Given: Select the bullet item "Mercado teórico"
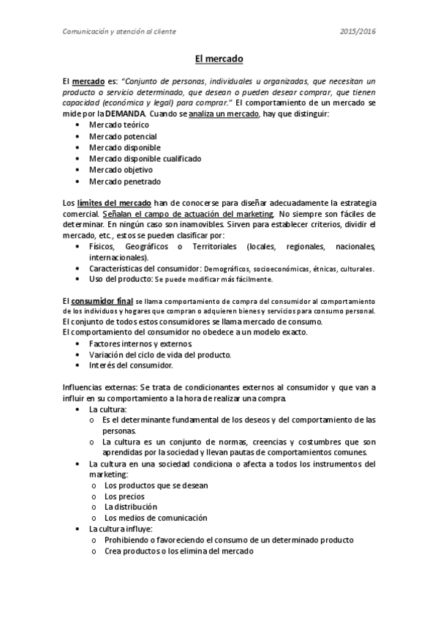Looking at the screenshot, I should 119,125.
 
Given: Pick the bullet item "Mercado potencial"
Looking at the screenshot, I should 123,136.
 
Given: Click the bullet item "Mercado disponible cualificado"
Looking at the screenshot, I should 145,158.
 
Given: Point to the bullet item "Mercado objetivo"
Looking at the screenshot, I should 121,169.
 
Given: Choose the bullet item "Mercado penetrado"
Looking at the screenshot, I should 124,181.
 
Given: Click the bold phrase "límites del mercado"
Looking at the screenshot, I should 114,202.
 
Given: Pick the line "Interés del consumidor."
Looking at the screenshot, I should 131,365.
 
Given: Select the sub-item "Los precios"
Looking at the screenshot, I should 125,496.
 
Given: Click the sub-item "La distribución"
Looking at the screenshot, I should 131,507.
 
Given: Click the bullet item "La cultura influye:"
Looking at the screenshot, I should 120,529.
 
